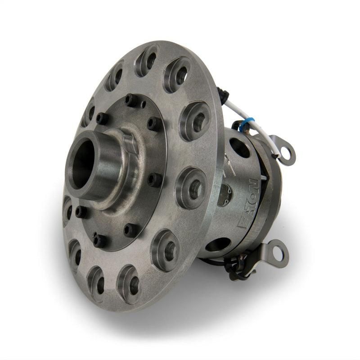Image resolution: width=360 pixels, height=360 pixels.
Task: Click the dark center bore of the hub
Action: [82, 163]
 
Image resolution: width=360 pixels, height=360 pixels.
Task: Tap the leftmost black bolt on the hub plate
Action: [81, 211]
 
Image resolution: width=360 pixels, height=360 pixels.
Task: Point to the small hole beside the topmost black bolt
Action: [143, 104]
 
